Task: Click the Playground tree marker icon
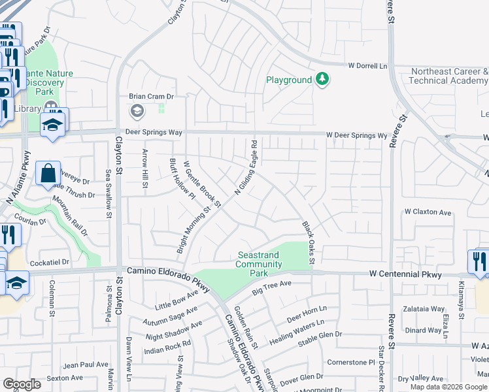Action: (x=322, y=80)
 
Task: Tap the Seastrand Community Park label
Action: (x=259, y=264)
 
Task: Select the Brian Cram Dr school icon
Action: (x=137, y=112)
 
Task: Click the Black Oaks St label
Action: (x=308, y=242)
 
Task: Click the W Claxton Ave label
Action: (x=428, y=212)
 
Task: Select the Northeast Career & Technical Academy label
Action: (x=448, y=76)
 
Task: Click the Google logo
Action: (x=22, y=384)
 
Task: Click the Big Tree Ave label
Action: (x=271, y=287)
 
